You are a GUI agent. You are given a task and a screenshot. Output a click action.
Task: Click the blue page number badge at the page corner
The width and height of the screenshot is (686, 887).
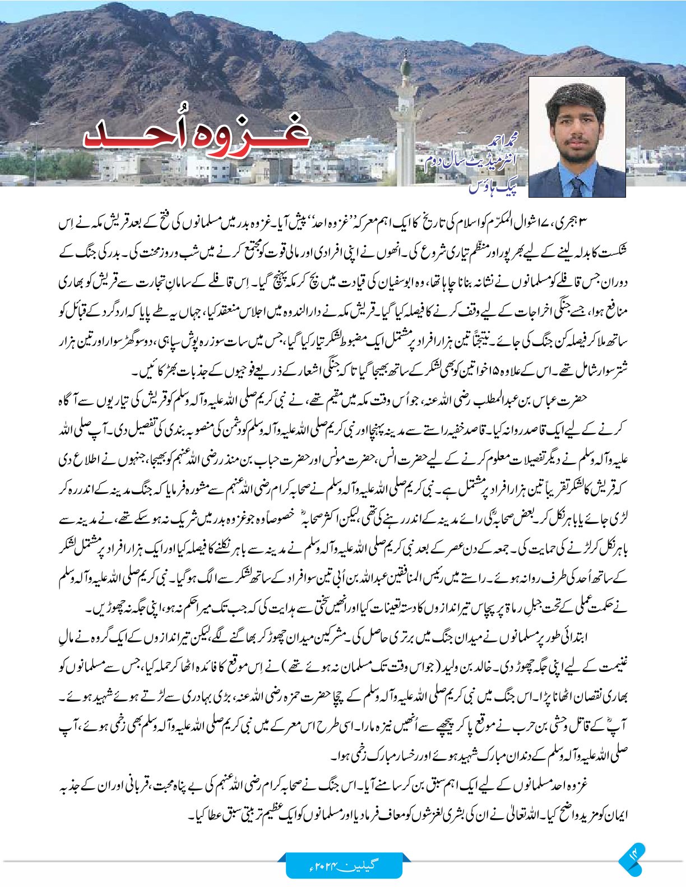click(633, 857)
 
